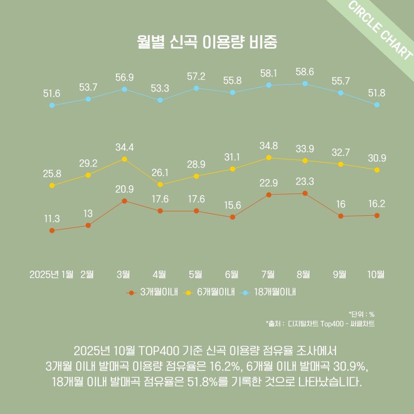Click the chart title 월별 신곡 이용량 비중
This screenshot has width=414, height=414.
[x=207, y=42]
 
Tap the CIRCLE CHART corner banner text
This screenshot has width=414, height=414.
[x=380, y=31]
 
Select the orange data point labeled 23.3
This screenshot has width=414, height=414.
[x=305, y=193]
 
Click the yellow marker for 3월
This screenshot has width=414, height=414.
[x=124, y=159]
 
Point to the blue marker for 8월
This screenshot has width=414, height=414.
[x=305, y=83]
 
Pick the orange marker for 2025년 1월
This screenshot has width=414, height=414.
[x=52, y=230]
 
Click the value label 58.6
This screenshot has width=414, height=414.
[x=305, y=71]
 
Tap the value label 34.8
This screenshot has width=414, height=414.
[x=269, y=145]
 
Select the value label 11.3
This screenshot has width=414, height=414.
[x=52, y=218]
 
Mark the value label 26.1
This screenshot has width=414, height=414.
[x=160, y=172]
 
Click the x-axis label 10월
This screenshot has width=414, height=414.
[x=376, y=274]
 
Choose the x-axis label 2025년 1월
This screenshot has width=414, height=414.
[x=52, y=274]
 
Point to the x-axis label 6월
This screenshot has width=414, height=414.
[x=232, y=274]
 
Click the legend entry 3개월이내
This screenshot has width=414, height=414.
[x=158, y=292]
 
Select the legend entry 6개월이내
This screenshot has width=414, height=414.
[x=216, y=292]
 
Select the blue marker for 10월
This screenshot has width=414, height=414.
[x=377, y=105]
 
